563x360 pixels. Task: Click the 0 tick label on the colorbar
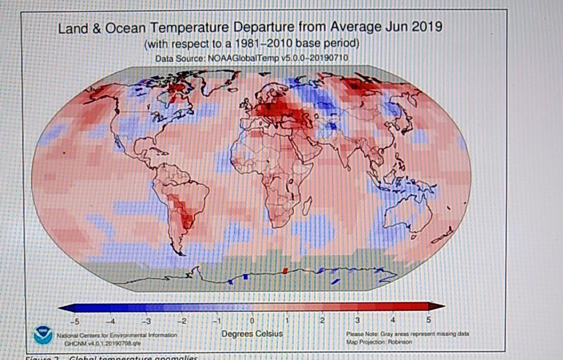tap(252, 320)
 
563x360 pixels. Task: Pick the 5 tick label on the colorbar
tap(428, 320)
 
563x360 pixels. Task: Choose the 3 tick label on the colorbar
tap(358, 320)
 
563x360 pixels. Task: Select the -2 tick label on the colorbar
tap(181, 320)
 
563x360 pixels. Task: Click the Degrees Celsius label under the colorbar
tap(252, 334)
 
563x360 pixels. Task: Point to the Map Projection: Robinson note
tap(379, 342)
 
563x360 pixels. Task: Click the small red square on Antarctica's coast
tap(286, 270)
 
